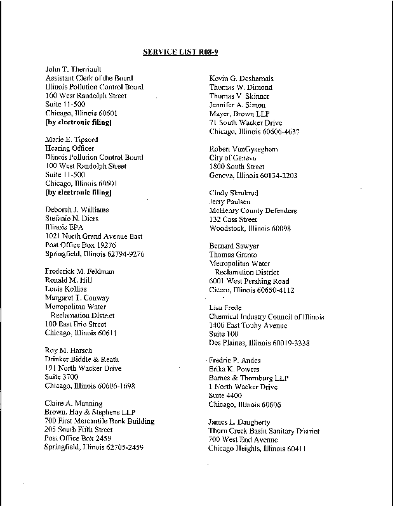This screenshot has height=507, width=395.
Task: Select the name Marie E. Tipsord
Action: click(68, 139)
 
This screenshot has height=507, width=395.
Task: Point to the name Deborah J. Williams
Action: click(77, 209)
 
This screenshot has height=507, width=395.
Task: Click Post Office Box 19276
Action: click(80, 245)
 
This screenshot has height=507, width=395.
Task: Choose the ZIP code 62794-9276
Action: click(126, 253)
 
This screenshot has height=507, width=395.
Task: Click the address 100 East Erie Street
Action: click(76, 324)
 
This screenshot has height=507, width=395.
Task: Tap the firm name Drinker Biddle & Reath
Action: click(82, 359)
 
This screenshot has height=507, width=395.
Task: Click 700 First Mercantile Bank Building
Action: click(99, 421)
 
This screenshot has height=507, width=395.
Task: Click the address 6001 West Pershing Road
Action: click(249, 281)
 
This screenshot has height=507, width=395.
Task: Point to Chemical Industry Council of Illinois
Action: click(267, 316)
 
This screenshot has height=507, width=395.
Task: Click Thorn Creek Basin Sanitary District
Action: click(264, 431)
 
